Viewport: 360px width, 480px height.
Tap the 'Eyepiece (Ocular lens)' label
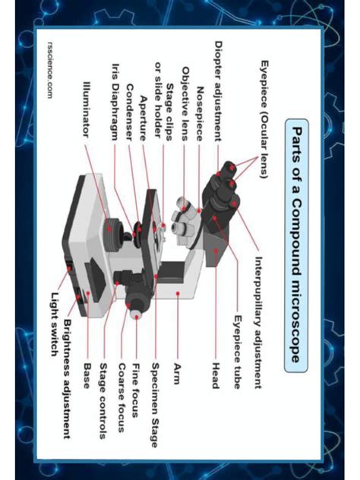[264, 120]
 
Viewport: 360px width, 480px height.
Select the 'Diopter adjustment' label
[219, 90]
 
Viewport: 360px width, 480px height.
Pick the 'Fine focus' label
[137, 384]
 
